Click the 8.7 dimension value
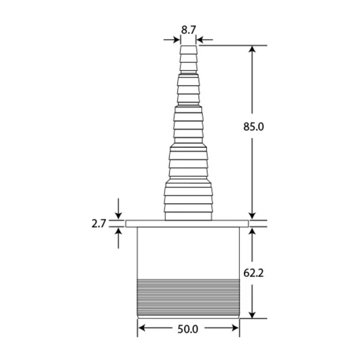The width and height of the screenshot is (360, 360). coord(188,30)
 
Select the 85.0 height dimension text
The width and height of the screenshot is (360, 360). coord(253,126)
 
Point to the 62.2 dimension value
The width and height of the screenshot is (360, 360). coord(253,272)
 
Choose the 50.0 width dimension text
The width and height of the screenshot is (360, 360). coord(188,329)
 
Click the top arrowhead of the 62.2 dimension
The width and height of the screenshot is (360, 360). coord(253,232)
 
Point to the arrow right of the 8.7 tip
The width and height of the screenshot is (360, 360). coord(202,39)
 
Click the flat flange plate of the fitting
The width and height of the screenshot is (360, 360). coord(188,224)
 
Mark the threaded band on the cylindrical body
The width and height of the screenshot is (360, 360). coord(188,296)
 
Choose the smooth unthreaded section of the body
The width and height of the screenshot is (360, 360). coord(188,252)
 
